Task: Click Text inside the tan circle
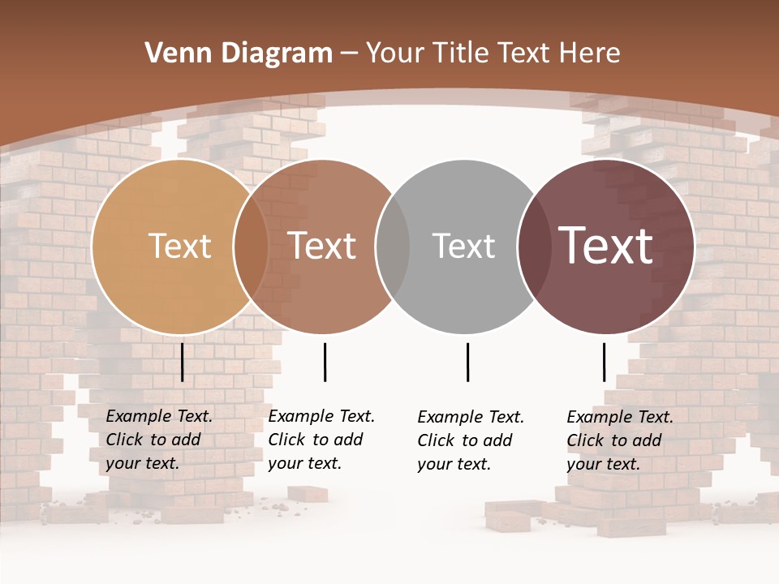coord(179,246)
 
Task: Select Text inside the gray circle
coord(463,246)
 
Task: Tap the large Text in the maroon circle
coord(605,246)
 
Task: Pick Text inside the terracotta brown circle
coord(321,246)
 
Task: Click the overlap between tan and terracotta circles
coord(251,246)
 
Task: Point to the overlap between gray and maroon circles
coord(535,246)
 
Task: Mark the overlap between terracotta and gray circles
coord(393,246)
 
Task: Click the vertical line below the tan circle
coord(182,362)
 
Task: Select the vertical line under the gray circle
coord(467,362)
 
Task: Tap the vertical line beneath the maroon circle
coord(604,362)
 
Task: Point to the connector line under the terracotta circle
coord(325,362)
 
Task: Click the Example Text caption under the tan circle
coord(159,440)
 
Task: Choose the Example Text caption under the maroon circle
coord(620,440)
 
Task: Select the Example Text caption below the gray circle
coord(471,440)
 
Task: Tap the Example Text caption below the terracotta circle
coord(321,440)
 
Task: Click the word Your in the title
coord(396,54)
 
